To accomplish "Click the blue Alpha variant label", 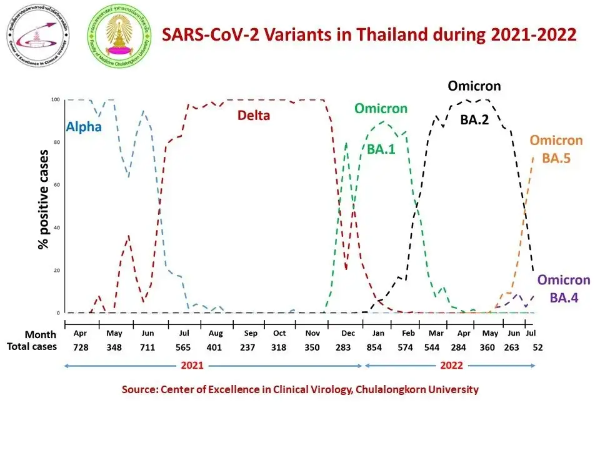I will tap(84, 129).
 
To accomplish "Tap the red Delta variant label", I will tap(253, 115).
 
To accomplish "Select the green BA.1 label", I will tap(381, 149).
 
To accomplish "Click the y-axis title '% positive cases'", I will tap(44, 199).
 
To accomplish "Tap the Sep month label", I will tap(250, 334).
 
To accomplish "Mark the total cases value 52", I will tap(536, 347).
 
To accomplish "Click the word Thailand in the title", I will tap(392, 34).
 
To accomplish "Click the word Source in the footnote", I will tap(139, 389).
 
